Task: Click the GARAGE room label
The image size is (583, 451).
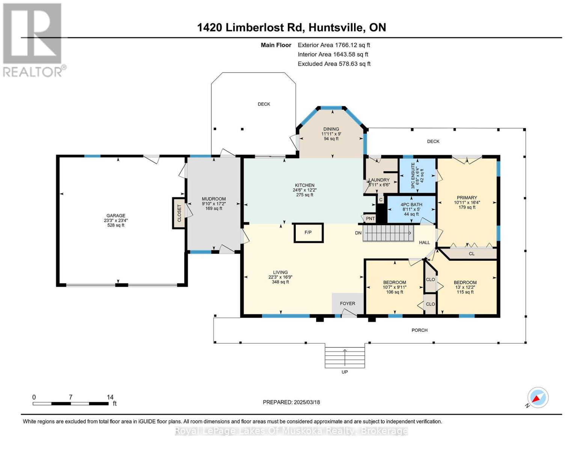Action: tap(116, 215)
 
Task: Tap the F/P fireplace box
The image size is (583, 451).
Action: tap(309, 233)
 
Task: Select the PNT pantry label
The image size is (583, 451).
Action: tap(370, 219)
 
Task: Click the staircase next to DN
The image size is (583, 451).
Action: tap(389, 233)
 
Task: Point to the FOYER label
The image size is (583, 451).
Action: tap(348, 304)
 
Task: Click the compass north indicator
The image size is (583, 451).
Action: tap(538, 398)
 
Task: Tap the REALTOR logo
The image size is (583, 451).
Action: tap(33, 40)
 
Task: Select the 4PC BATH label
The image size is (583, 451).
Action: tap(411, 205)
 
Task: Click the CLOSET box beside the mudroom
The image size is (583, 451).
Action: tap(179, 213)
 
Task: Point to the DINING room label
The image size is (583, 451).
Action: tap(331, 129)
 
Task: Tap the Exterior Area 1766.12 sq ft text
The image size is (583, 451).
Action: tap(334, 45)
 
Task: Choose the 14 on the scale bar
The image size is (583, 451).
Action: tap(110, 397)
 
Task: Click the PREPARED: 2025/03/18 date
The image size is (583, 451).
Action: tap(291, 402)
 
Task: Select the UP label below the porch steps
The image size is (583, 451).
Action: tap(345, 372)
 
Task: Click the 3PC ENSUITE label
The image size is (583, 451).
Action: tap(413, 176)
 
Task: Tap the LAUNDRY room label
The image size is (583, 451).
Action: tap(379, 180)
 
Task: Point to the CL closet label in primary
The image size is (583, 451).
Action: tap(472, 254)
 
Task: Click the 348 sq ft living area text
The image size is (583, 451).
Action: tap(280, 282)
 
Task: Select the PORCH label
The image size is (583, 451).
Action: tap(419, 330)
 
